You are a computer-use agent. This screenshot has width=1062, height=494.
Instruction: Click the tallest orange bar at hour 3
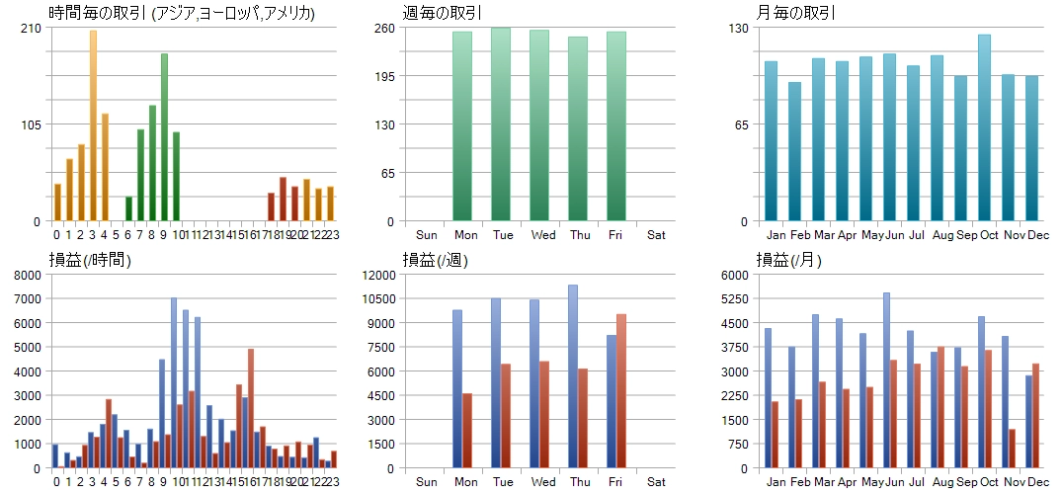(93, 125)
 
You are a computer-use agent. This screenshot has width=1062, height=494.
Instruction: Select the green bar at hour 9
(164, 137)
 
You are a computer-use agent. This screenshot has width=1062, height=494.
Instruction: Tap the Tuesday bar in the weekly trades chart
(501, 124)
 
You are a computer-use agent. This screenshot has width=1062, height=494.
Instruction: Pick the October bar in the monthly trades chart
(984, 128)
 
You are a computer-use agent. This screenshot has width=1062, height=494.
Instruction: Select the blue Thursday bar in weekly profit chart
(573, 376)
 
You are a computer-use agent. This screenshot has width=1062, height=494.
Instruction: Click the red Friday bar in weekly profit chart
(621, 391)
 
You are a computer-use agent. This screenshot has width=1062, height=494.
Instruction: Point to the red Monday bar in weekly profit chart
(467, 431)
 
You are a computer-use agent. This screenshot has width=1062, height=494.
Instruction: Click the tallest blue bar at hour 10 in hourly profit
(173, 383)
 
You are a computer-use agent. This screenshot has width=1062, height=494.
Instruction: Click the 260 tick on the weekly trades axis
(384, 28)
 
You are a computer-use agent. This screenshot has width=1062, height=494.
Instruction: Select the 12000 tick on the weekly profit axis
(380, 275)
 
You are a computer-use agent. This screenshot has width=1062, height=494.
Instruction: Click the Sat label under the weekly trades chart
(656, 235)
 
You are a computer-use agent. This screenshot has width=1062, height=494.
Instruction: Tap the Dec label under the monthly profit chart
(1037, 482)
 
